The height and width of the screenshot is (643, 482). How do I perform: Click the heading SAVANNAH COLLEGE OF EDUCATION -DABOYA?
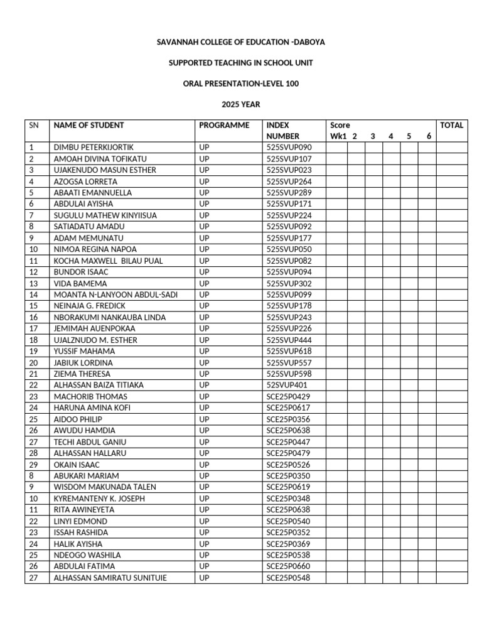point(240,42)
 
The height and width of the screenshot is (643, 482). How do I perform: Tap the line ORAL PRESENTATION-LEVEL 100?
point(240,84)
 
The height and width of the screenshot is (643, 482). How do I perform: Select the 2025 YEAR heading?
point(240,104)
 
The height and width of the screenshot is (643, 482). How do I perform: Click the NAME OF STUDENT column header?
point(88,125)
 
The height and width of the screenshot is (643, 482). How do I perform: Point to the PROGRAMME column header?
point(224,125)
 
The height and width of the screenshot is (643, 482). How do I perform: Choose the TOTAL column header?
point(451,125)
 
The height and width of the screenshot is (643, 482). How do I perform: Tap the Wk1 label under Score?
point(338,136)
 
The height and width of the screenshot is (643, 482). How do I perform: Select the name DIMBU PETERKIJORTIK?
point(94,148)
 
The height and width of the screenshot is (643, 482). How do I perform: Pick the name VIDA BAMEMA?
point(80,283)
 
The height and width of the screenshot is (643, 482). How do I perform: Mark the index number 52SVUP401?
point(287,385)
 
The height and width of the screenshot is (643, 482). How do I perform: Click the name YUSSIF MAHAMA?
point(83,351)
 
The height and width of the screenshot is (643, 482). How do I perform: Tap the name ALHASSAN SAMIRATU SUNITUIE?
point(110,578)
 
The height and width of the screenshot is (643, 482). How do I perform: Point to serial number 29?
point(33,465)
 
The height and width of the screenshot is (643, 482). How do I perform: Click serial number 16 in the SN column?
point(33,317)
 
